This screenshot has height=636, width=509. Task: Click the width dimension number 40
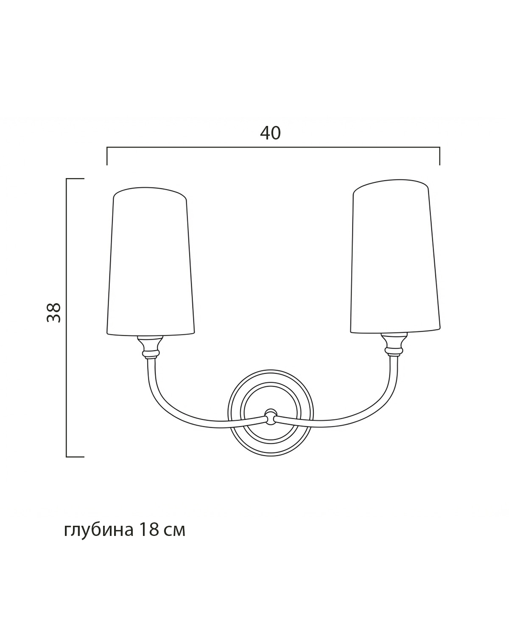(270, 133)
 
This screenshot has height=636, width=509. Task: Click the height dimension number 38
(54, 312)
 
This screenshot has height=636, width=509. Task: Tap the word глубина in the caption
(99, 530)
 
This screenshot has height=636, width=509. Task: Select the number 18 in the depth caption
(149, 530)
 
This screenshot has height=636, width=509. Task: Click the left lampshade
(151, 262)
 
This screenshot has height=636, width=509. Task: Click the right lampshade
(395, 256)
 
